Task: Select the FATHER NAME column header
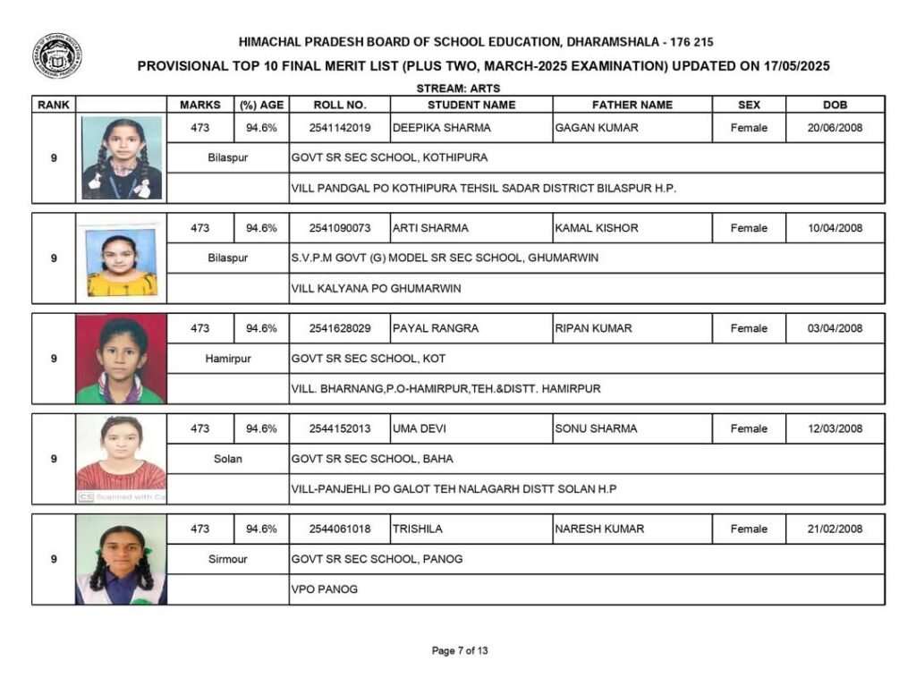pyautogui.click(x=632, y=105)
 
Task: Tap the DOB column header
pyautogui.click(x=835, y=105)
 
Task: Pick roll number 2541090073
pyautogui.click(x=340, y=228)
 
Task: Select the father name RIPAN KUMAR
pyautogui.click(x=593, y=328)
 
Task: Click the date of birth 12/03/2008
pyautogui.click(x=835, y=428)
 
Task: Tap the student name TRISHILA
pyautogui.click(x=417, y=529)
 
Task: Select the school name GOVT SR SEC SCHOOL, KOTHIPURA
pyautogui.click(x=390, y=158)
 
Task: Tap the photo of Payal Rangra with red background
pyautogui.click(x=121, y=359)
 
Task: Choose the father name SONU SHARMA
pyautogui.click(x=596, y=428)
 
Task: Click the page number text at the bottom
pyautogui.click(x=460, y=651)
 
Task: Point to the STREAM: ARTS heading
pyautogui.click(x=458, y=89)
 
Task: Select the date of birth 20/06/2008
pyautogui.click(x=835, y=128)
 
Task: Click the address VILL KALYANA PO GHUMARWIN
pyautogui.click(x=376, y=289)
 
